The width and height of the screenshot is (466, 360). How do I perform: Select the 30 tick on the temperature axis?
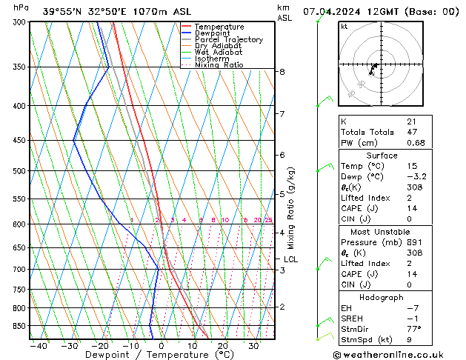pos(253,345)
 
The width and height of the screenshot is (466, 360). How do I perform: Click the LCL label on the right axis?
pos(290,259)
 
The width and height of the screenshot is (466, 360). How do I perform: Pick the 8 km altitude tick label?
pos(282,72)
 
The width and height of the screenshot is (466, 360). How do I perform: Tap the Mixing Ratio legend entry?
pos(219,65)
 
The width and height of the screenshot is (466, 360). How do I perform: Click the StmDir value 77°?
pos(414,329)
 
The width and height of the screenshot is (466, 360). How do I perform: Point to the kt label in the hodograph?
pos(344,27)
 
